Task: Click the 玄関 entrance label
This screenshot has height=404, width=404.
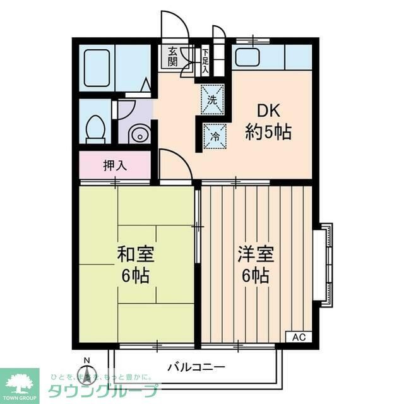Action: tap(172, 57)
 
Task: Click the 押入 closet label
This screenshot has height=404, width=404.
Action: tap(115, 166)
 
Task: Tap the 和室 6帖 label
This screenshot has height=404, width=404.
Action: tap(136, 264)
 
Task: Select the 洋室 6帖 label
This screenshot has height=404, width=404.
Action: tap(255, 264)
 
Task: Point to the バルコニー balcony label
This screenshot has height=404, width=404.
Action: tap(196, 367)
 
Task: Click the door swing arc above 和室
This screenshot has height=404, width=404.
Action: tap(174, 165)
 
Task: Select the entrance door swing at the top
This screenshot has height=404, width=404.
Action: tap(174, 27)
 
